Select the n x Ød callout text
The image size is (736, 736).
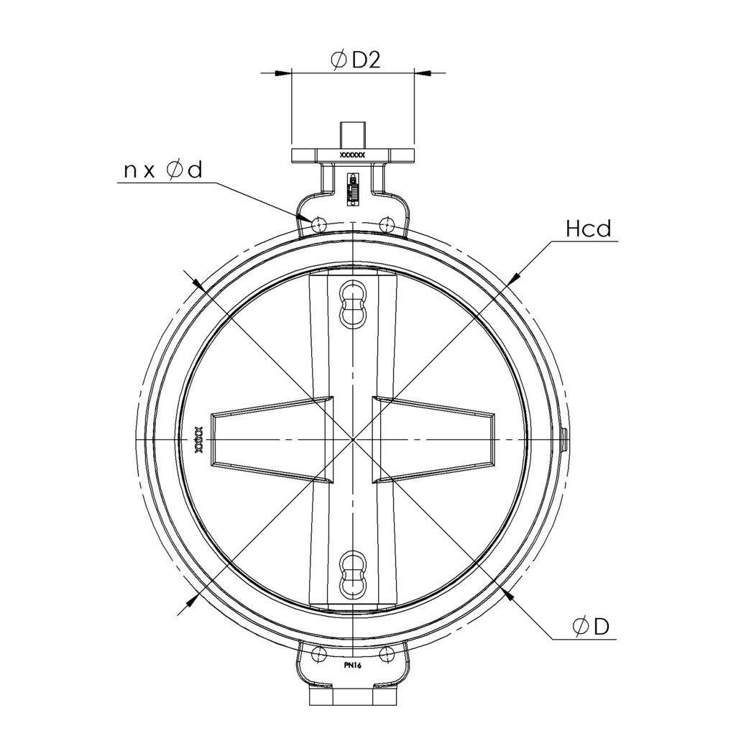(163, 170)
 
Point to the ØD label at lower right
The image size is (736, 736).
(591, 627)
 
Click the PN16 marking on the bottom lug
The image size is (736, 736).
(352, 666)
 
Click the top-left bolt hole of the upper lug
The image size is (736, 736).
(319, 224)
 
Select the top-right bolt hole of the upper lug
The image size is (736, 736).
(387, 224)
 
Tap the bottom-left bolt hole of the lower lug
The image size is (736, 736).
(317, 653)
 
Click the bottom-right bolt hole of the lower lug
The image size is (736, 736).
(387, 653)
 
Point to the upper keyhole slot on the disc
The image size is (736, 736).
(352, 302)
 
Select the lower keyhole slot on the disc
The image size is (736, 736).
(352, 574)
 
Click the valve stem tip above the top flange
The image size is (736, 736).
(352, 134)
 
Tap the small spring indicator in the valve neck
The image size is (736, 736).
(352, 188)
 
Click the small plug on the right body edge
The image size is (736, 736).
(564, 439)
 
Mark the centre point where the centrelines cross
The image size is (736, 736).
(353, 439)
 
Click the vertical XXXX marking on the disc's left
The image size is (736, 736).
(199, 439)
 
